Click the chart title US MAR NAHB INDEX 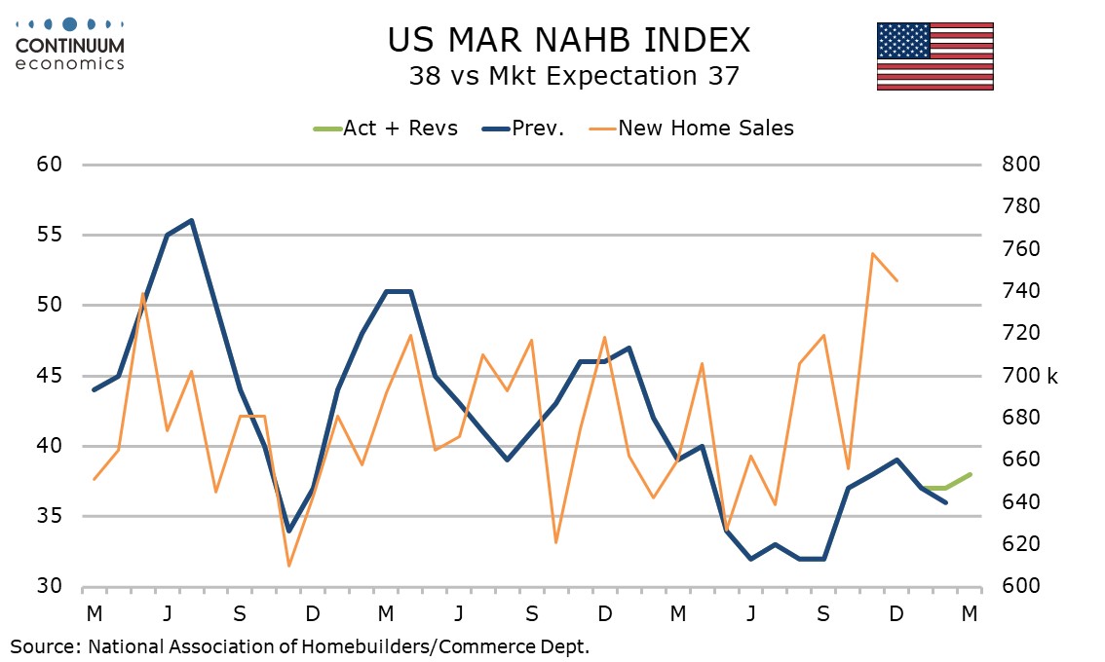coord(569,40)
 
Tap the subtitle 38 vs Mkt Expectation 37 coord(569,77)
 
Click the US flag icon coord(934,55)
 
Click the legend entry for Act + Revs coord(386,129)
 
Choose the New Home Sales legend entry coord(693,129)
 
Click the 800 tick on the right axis coord(1022,165)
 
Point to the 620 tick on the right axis coord(1022,544)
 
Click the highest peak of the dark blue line coord(192,220)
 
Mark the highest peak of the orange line coord(872,253)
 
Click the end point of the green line coord(970,474)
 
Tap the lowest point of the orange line coord(288,566)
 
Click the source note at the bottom coord(300,644)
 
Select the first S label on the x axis coord(240,614)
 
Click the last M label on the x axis coord(970,614)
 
